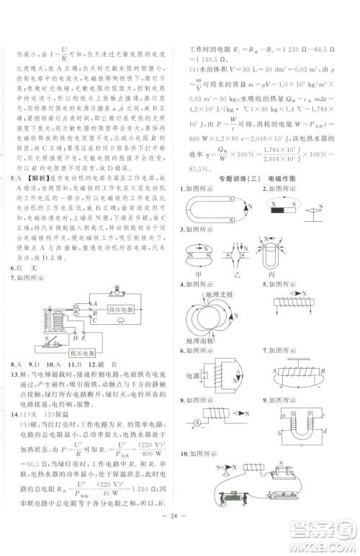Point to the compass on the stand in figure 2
click(314, 227)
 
